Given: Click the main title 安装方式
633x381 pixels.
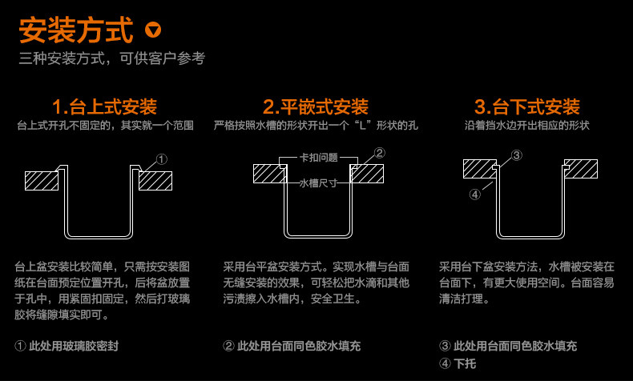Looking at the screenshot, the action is [x=75, y=30].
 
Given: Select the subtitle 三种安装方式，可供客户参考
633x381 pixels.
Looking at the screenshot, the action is [x=112, y=59].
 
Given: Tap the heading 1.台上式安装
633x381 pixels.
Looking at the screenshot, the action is [x=104, y=106].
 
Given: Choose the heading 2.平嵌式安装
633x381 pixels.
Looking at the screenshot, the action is [x=316, y=106].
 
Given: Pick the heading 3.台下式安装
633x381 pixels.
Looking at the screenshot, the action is [x=526, y=106].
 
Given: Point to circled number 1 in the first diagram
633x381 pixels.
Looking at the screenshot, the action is [x=162, y=159].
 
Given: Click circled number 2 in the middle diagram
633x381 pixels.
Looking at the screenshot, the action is [x=380, y=152].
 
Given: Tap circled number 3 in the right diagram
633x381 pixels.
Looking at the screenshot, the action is [x=517, y=154].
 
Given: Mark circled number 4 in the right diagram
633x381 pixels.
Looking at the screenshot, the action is [x=475, y=193].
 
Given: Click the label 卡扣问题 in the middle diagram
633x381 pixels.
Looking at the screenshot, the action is [x=318, y=158].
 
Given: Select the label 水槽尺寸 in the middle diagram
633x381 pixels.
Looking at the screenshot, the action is [x=318, y=183].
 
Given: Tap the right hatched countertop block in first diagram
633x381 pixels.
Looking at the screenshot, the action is [x=155, y=180].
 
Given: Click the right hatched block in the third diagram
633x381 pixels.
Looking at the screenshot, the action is [x=581, y=168].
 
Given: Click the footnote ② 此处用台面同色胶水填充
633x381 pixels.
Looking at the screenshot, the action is [x=292, y=346].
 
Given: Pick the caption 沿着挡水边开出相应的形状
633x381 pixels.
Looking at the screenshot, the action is [x=527, y=126].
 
